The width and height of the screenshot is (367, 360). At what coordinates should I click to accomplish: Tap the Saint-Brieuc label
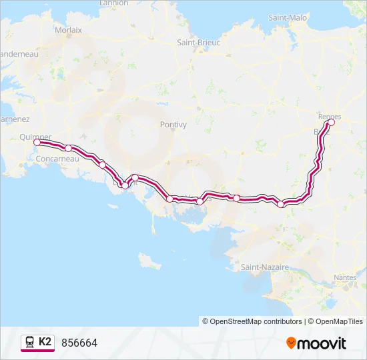tap(198, 42)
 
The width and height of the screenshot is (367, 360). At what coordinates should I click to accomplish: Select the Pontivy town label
tap(173, 124)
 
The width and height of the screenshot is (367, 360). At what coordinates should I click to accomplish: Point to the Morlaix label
tap(69, 30)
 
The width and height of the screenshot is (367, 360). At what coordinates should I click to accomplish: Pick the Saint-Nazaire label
tap(265, 267)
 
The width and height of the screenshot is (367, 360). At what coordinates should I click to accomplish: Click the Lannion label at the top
tap(113, 3)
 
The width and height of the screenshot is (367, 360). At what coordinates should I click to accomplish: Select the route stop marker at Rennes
tap(331, 122)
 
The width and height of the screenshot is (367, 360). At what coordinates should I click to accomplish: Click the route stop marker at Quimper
tap(37, 142)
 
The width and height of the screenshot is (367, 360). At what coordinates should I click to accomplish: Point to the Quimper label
tap(35, 137)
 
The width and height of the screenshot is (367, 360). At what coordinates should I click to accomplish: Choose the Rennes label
tap(330, 116)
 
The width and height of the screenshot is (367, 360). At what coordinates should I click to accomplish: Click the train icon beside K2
tap(29, 342)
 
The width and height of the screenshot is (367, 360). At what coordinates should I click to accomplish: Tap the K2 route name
tap(45, 342)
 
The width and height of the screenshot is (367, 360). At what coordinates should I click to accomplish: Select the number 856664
tap(79, 343)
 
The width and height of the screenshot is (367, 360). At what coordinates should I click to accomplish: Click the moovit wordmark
tap(321, 343)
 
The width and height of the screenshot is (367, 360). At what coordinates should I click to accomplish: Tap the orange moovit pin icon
tap(291, 343)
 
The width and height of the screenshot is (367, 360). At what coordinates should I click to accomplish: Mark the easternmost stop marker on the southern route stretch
tap(281, 204)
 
